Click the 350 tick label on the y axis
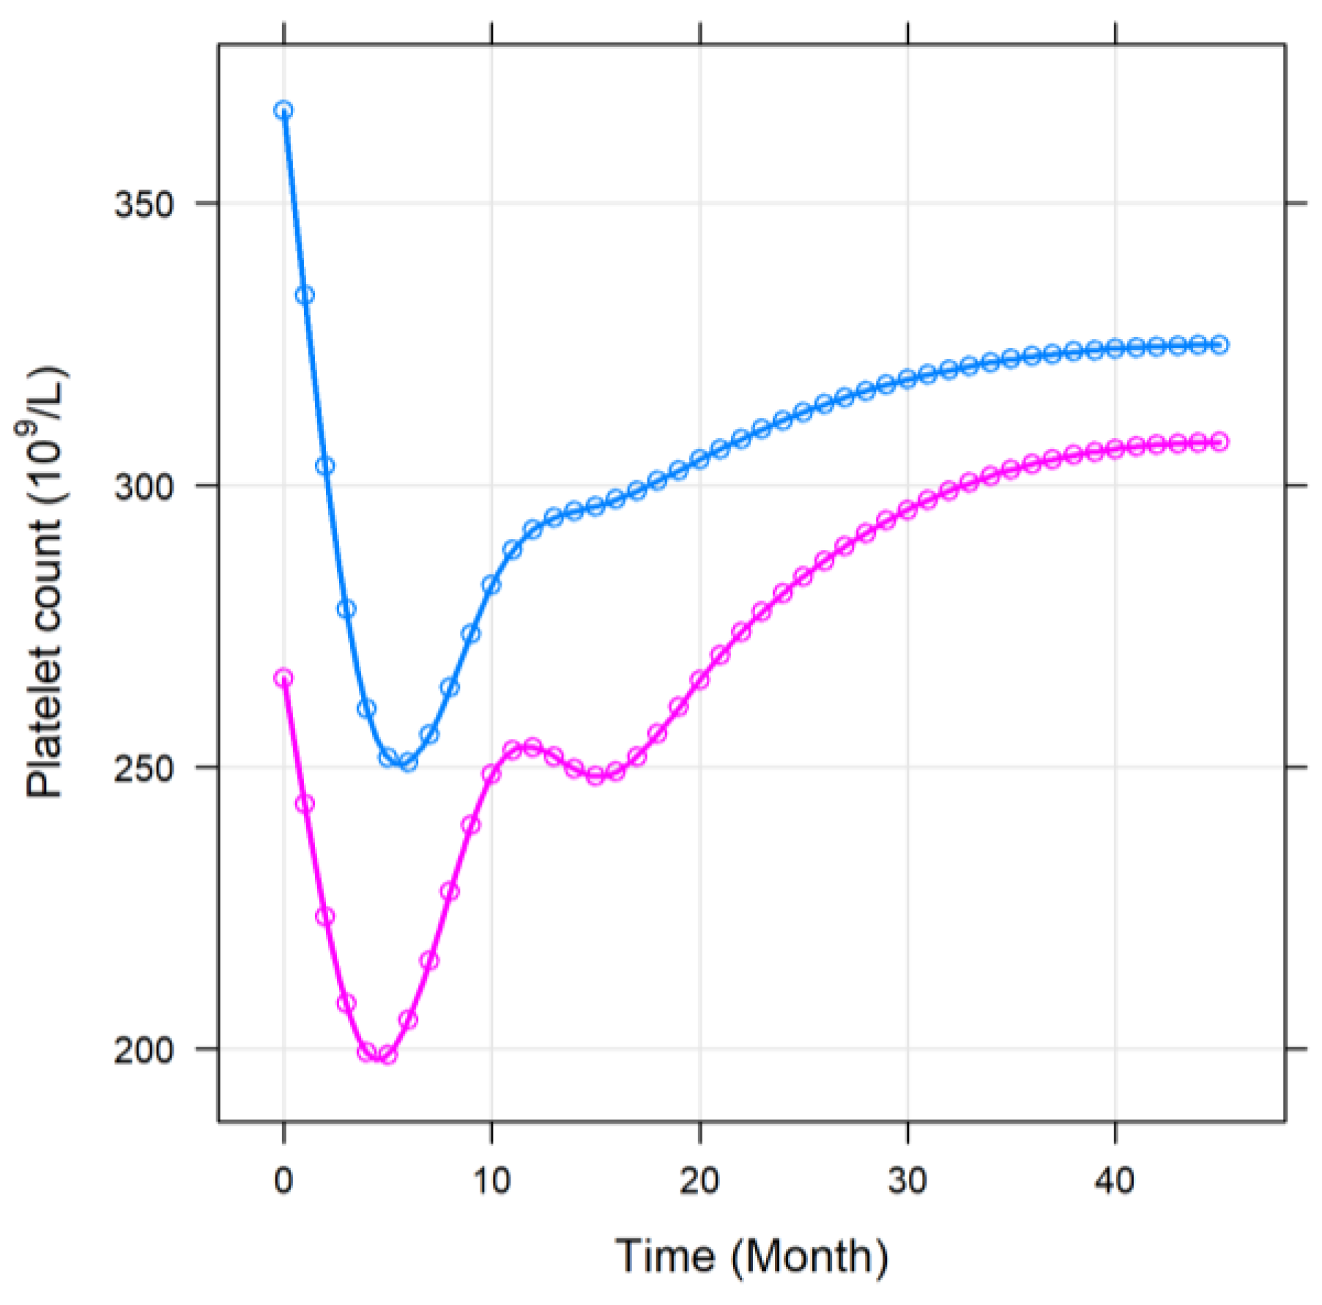click(x=144, y=204)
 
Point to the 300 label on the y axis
click(x=144, y=486)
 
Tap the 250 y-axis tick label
click(x=144, y=768)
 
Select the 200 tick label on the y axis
click(x=144, y=1050)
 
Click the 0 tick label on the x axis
click(x=283, y=1181)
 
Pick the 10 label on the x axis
click(x=491, y=1181)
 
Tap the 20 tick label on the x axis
click(x=699, y=1181)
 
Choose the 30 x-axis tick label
click(x=907, y=1181)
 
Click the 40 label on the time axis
click(x=1115, y=1181)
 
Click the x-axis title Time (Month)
click(x=751, y=1257)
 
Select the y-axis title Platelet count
click(x=45, y=582)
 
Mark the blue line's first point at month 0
click(x=283, y=111)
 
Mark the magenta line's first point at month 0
click(x=283, y=678)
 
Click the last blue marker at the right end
click(x=1219, y=345)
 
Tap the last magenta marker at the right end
click(x=1219, y=442)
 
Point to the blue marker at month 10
click(x=491, y=584)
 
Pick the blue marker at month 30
click(x=907, y=379)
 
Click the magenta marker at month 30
click(x=907, y=510)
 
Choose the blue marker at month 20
click(x=699, y=459)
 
